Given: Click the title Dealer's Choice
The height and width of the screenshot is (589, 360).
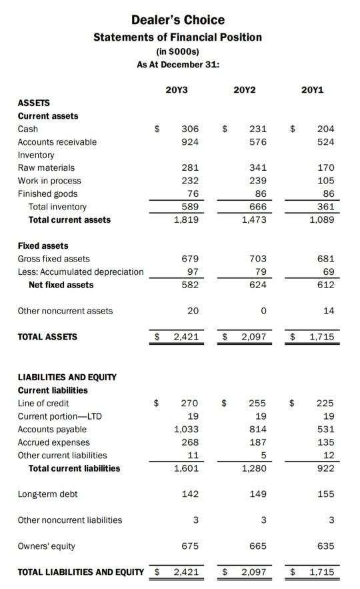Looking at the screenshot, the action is (x=177, y=20).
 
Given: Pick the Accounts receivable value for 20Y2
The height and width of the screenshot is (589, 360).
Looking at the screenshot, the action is (x=257, y=142).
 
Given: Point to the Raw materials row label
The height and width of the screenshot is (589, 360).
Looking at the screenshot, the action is (x=46, y=168).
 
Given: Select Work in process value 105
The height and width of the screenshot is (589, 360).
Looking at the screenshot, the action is (x=326, y=181).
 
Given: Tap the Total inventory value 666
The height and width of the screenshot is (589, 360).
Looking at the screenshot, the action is (x=257, y=207).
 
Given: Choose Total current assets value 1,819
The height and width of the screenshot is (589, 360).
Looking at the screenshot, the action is (x=187, y=219).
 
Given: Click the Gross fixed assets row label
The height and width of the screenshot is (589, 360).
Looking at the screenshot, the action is (x=53, y=259).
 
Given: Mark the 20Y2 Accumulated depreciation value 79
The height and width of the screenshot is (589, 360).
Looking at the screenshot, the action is (x=260, y=271).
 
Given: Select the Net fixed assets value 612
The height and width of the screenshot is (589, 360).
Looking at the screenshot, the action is (x=326, y=285).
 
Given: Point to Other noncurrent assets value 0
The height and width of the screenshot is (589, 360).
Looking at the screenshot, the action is (x=263, y=311).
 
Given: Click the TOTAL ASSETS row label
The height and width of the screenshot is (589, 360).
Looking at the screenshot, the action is (x=47, y=337).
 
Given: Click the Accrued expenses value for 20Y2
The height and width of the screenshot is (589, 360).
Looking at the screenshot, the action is (x=257, y=442).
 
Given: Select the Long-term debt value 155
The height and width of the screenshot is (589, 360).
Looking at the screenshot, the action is (x=326, y=494).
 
